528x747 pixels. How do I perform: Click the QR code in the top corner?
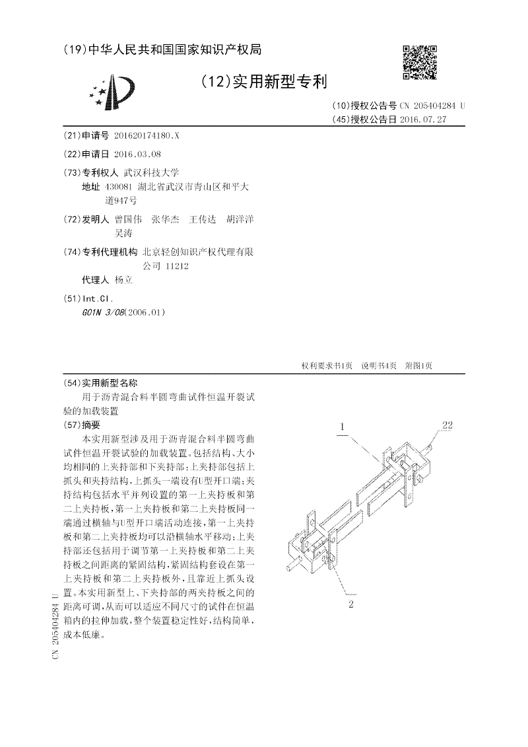tap(420, 63)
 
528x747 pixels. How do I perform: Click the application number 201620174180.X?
tap(146, 135)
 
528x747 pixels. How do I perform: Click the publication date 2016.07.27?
tap(423, 120)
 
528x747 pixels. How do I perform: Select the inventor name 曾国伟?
tap(128, 219)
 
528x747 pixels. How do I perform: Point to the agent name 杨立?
tap(123, 279)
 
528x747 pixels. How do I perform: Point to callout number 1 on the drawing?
tap(343, 427)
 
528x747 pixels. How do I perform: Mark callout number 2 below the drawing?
tap(351, 603)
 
